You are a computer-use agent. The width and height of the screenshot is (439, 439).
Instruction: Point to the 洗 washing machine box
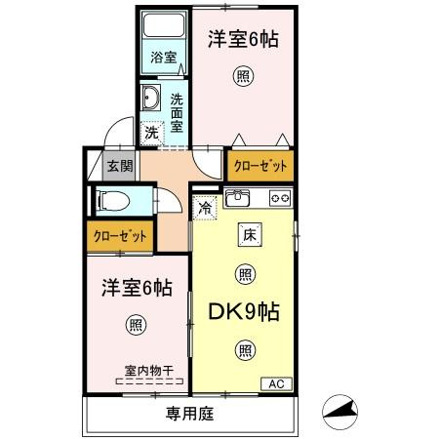pyautogui.click(x=152, y=131)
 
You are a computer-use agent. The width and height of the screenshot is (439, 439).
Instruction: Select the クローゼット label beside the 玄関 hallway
pyautogui.click(x=260, y=167)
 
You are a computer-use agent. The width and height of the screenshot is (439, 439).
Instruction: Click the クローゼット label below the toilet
pyautogui.click(x=120, y=236)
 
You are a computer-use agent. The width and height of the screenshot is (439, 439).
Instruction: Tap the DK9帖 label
pyautogui.click(x=244, y=312)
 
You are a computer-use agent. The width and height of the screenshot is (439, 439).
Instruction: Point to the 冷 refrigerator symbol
pyautogui.click(x=205, y=207)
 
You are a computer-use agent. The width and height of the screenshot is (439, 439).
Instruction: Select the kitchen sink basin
pyautogui.click(x=237, y=198)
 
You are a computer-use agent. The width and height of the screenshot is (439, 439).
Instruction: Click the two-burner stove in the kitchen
pyautogui.click(x=280, y=198)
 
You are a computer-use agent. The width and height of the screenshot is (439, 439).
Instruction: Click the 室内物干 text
pyautogui.click(x=147, y=370)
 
